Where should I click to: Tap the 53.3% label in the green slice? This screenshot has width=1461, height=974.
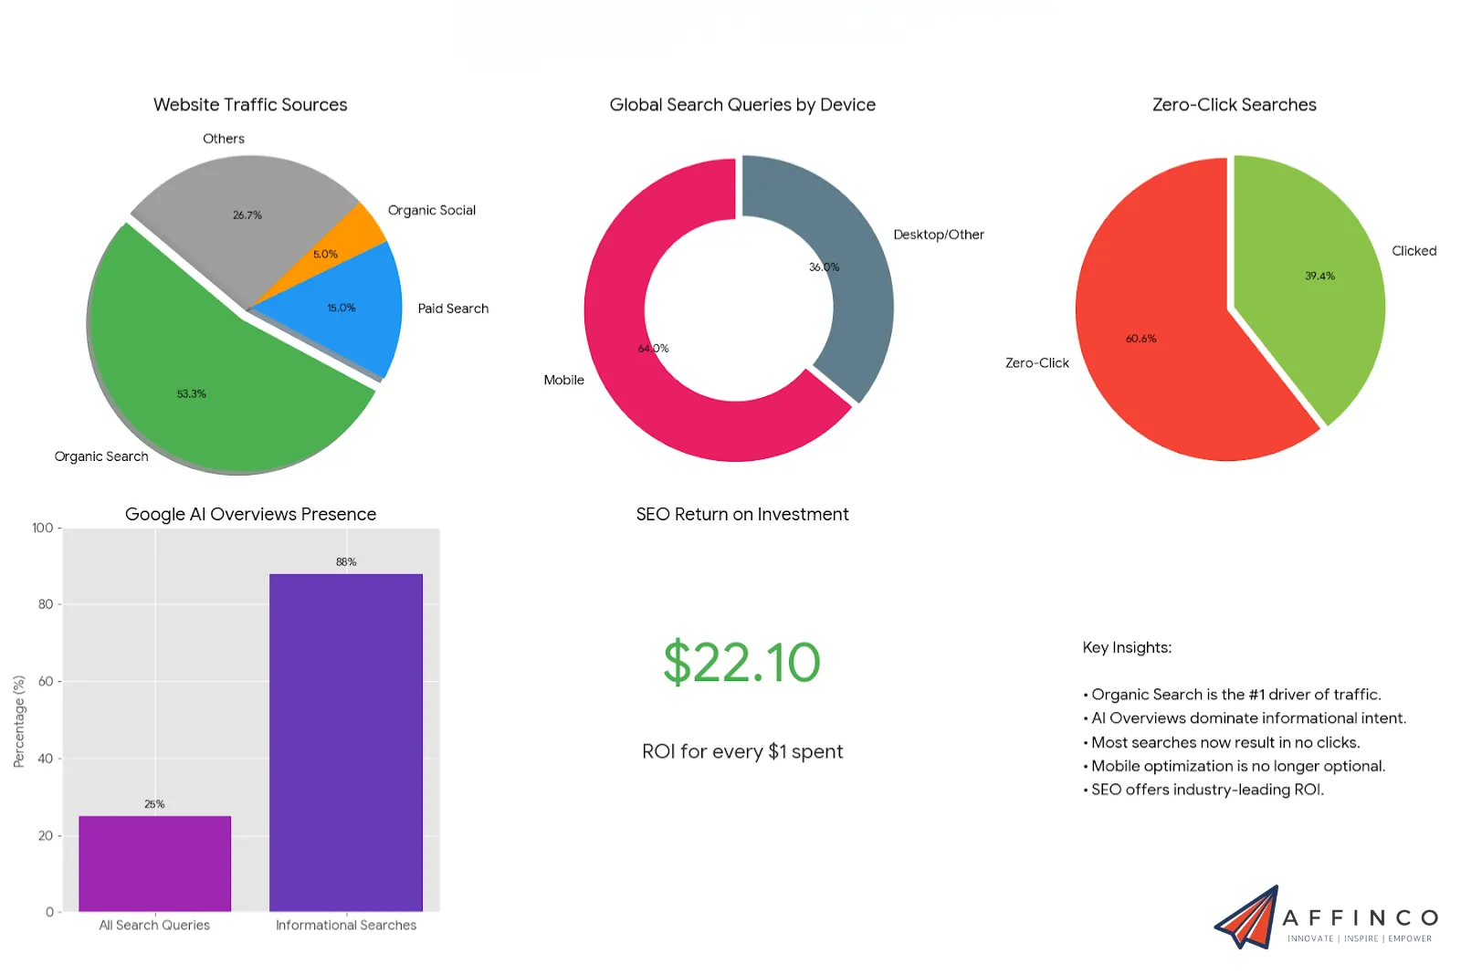point(192,394)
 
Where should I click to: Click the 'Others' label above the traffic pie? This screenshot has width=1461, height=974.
point(224,139)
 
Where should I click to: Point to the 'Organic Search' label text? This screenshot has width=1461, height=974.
point(101,456)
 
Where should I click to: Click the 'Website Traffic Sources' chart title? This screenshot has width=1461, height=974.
point(250,105)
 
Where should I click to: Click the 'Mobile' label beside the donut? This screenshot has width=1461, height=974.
point(563,380)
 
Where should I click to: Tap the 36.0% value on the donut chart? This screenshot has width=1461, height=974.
point(824,267)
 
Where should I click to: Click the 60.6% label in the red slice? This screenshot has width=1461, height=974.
point(1140,339)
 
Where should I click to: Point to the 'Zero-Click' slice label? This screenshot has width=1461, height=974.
point(1036,363)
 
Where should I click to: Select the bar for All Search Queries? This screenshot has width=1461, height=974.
point(154,863)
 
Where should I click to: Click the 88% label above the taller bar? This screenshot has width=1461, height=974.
point(346,561)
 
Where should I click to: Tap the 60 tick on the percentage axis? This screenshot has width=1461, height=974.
point(46,681)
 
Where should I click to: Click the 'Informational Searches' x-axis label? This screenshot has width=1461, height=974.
point(346,925)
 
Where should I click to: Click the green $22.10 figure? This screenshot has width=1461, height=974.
point(741,663)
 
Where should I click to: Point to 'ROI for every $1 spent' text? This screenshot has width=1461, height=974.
point(741,751)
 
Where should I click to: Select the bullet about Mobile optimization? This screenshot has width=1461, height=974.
point(1237,766)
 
